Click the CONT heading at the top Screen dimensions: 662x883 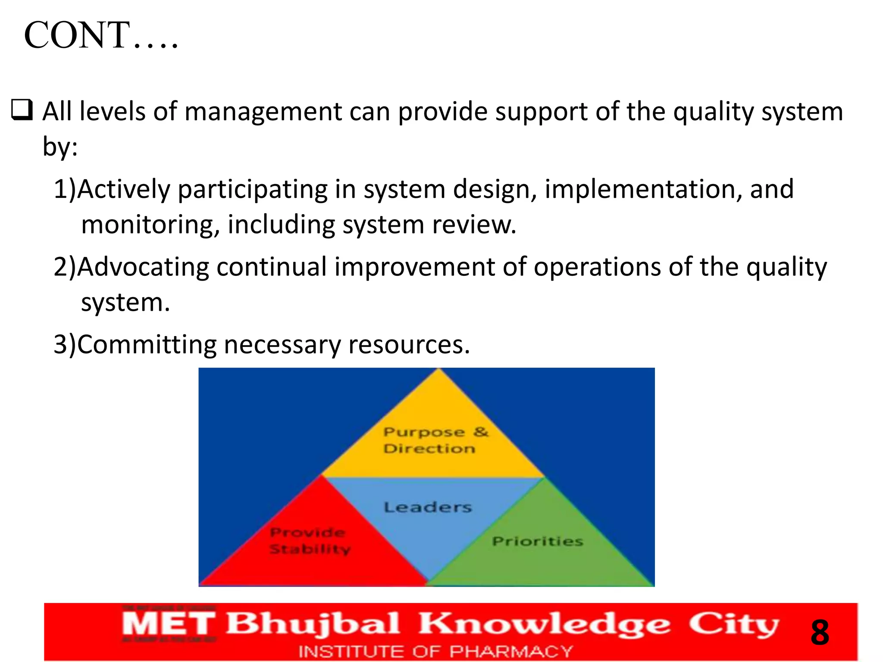(101, 35)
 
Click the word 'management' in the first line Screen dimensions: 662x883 (263, 112)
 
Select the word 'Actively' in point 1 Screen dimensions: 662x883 (124, 190)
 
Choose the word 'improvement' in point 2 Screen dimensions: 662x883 (414, 267)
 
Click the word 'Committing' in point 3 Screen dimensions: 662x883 (146, 345)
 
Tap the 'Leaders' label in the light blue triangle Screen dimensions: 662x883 (428, 507)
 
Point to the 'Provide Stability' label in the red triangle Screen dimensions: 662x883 (310, 541)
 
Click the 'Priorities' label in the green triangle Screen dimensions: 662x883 (537, 541)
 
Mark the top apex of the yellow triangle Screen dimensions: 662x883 (439, 369)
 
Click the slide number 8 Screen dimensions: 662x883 (819, 632)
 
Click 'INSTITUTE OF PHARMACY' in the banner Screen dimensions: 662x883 (435, 651)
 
